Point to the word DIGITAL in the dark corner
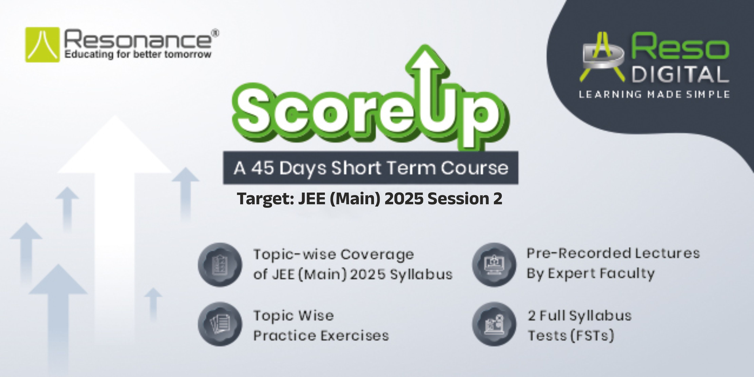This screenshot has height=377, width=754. pos(679,74)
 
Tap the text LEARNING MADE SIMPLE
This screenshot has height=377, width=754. pos(654,94)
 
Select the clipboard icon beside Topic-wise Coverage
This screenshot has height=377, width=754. pos(220,265)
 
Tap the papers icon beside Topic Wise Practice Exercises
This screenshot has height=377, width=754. pos(220,324)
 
